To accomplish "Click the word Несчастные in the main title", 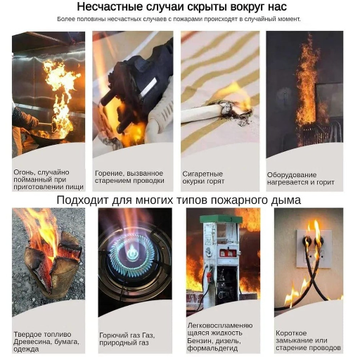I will point(105,7).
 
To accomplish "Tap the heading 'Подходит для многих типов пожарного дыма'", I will point(179,200).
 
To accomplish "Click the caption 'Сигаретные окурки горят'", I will point(203,177).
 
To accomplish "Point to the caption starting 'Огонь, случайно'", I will point(49,179).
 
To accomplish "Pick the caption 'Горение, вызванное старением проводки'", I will point(129,177).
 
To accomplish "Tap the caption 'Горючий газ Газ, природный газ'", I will point(127,337).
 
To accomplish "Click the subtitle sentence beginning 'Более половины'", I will point(179,19).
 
